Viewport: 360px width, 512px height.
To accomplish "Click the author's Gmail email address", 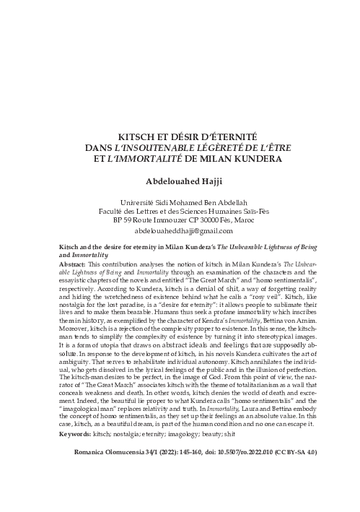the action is click(x=180, y=231).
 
